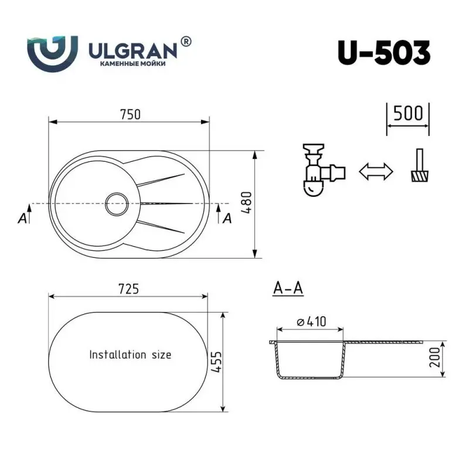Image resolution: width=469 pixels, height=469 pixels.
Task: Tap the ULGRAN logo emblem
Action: coord(53,52)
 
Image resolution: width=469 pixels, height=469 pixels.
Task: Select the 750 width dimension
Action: coord(130,114)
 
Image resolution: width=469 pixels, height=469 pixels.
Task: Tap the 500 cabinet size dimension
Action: coord(408,113)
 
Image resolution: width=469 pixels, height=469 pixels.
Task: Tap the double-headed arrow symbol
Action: coord(375,172)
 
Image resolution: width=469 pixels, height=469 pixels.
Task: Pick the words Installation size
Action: coord(130,354)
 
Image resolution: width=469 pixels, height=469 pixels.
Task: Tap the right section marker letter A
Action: coord(227,218)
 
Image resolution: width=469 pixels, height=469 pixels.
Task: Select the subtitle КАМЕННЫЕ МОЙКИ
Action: coord(131,63)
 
